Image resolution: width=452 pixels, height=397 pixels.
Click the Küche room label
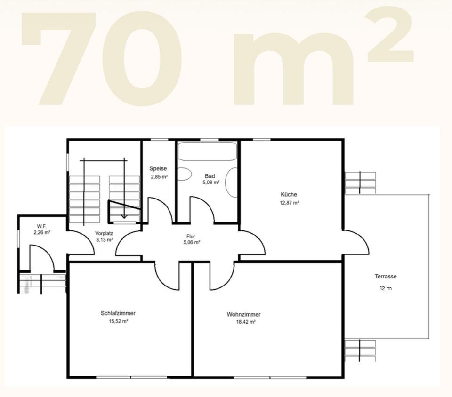[x=289, y=194]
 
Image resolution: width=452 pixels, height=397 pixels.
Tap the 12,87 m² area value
[x=289, y=203]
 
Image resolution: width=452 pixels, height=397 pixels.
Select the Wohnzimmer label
[x=243, y=314]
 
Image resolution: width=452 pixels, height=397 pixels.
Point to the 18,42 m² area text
[x=246, y=322]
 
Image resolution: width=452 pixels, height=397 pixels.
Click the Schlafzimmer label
[x=118, y=313]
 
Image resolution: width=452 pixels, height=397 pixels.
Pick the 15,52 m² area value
[x=118, y=321]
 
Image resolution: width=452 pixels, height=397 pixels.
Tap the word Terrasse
[x=386, y=277]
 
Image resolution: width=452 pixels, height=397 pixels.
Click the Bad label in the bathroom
[x=210, y=176]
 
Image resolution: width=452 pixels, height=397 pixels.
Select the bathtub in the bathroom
[x=207, y=151]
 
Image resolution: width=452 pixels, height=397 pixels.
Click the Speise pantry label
[x=158, y=169]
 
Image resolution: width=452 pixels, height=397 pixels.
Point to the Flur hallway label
[x=191, y=236]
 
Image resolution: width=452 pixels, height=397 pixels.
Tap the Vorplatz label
[x=104, y=233]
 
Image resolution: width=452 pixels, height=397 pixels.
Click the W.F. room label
[x=41, y=226]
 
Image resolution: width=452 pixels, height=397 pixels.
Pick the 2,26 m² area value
[x=42, y=233]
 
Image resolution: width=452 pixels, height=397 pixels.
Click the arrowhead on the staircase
[x=124, y=215]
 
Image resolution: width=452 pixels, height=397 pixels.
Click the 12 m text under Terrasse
[x=386, y=288]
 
